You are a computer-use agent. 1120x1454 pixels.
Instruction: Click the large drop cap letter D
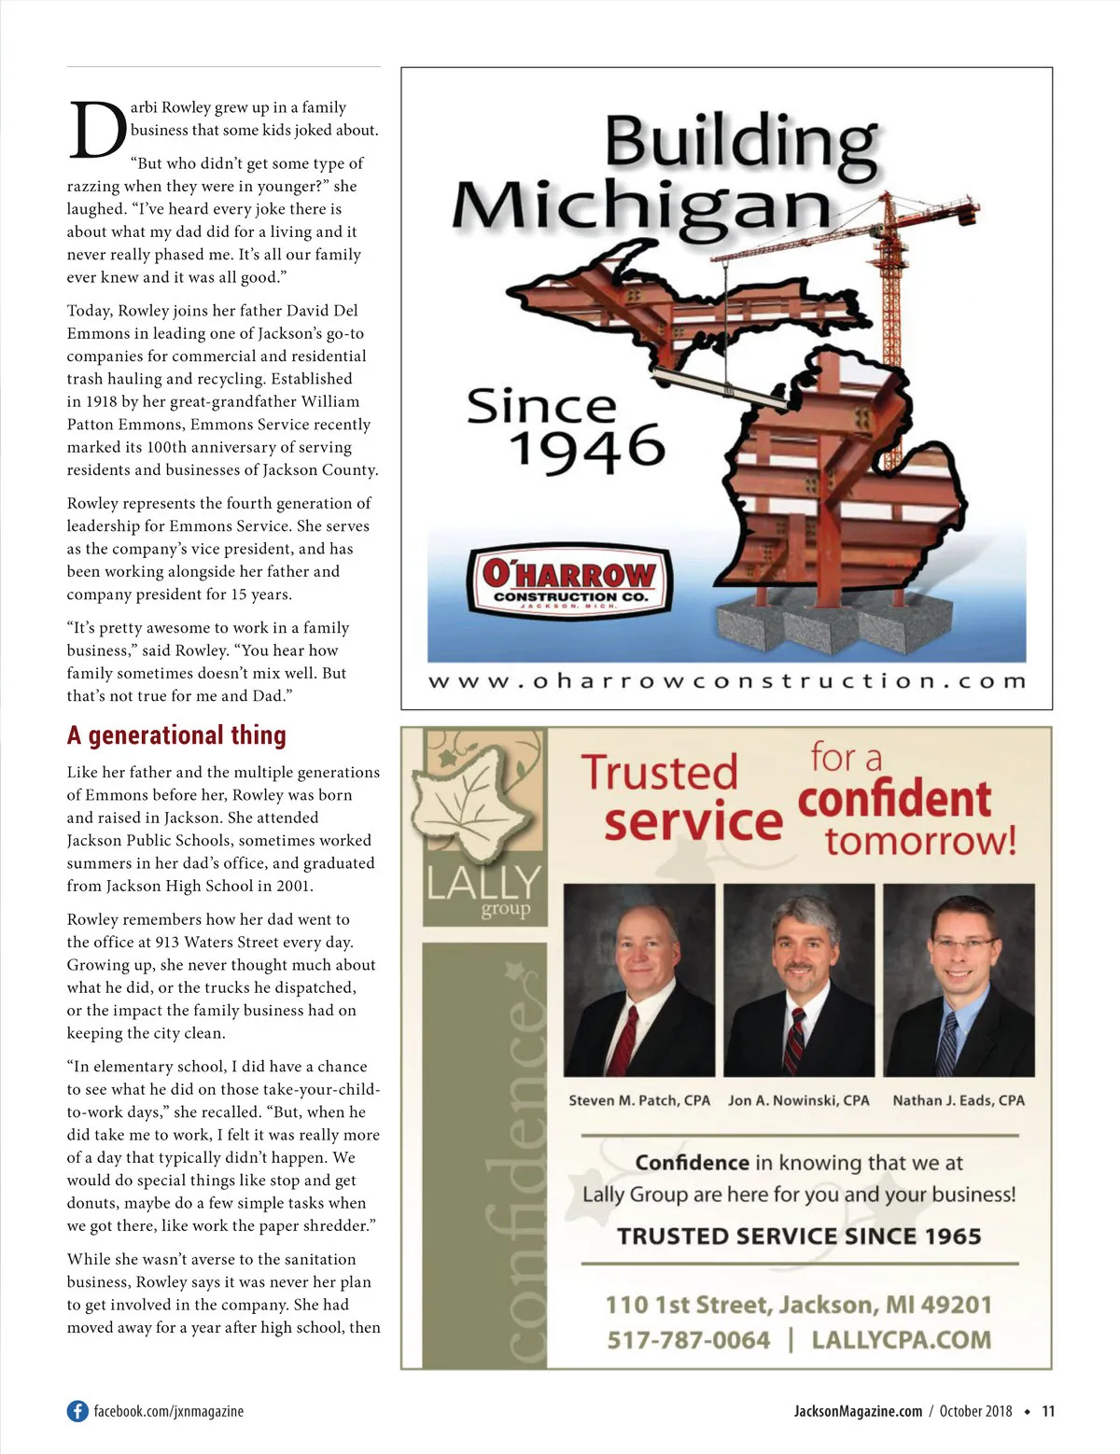click(97, 130)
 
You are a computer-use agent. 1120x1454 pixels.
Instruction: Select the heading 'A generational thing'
click(176, 735)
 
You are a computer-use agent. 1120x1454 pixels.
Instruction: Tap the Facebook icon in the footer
click(77, 1411)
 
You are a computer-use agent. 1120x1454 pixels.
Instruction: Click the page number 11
click(1048, 1411)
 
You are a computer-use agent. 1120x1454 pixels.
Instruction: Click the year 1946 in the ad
click(586, 449)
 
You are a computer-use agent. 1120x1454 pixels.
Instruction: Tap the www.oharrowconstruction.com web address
click(726, 681)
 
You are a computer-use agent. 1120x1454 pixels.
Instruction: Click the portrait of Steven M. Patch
click(639, 980)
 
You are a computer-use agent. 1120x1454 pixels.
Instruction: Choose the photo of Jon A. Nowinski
click(799, 980)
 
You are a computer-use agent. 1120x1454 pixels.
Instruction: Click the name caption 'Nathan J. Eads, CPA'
click(959, 1100)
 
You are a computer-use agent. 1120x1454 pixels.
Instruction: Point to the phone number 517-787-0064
click(689, 1340)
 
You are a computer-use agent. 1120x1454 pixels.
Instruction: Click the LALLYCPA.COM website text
click(901, 1340)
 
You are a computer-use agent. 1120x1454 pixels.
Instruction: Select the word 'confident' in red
click(894, 800)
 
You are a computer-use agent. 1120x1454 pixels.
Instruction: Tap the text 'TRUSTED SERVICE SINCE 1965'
click(799, 1237)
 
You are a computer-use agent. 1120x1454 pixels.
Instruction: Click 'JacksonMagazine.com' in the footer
click(858, 1411)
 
